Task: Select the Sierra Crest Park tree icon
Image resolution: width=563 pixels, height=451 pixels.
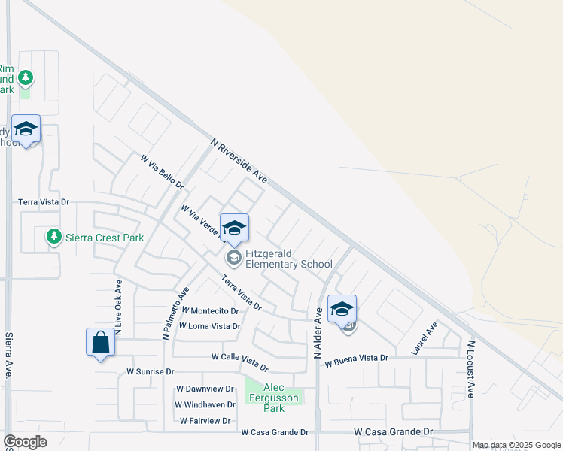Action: click(x=53, y=238)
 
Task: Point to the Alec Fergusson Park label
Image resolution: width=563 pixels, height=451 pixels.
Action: click(x=274, y=398)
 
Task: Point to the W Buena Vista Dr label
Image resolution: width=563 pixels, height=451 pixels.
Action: click(x=356, y=362)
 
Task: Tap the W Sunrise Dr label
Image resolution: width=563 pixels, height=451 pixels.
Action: click(x=150, y=371)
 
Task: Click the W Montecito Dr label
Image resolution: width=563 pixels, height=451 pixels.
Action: click(x=210, y=310)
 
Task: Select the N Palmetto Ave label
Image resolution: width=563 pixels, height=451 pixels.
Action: click(x=175, y=312)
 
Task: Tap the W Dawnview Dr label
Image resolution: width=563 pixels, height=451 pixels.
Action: click(x=205, y=389)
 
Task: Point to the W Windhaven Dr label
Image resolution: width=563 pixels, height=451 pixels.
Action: click(x=205, y=405)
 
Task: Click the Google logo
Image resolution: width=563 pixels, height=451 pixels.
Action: click(x=25, y=442)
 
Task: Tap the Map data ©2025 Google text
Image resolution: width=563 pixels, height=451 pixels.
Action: click(x=517, y=445)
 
